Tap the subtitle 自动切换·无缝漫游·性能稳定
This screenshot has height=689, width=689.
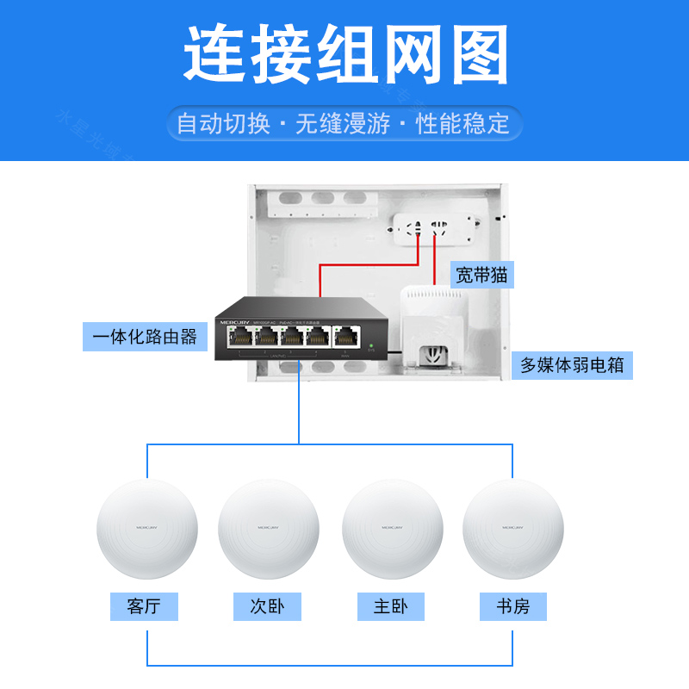tap(344, 123)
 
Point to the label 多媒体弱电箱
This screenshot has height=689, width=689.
tap(572, 365)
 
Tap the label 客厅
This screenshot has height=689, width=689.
tap(144, 606)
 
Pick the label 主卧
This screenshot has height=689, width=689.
tap(391, 606)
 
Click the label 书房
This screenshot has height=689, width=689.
tap(513, 606)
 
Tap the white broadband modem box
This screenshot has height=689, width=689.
tap(436, 332)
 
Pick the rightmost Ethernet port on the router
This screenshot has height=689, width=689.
tap(347, 338)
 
